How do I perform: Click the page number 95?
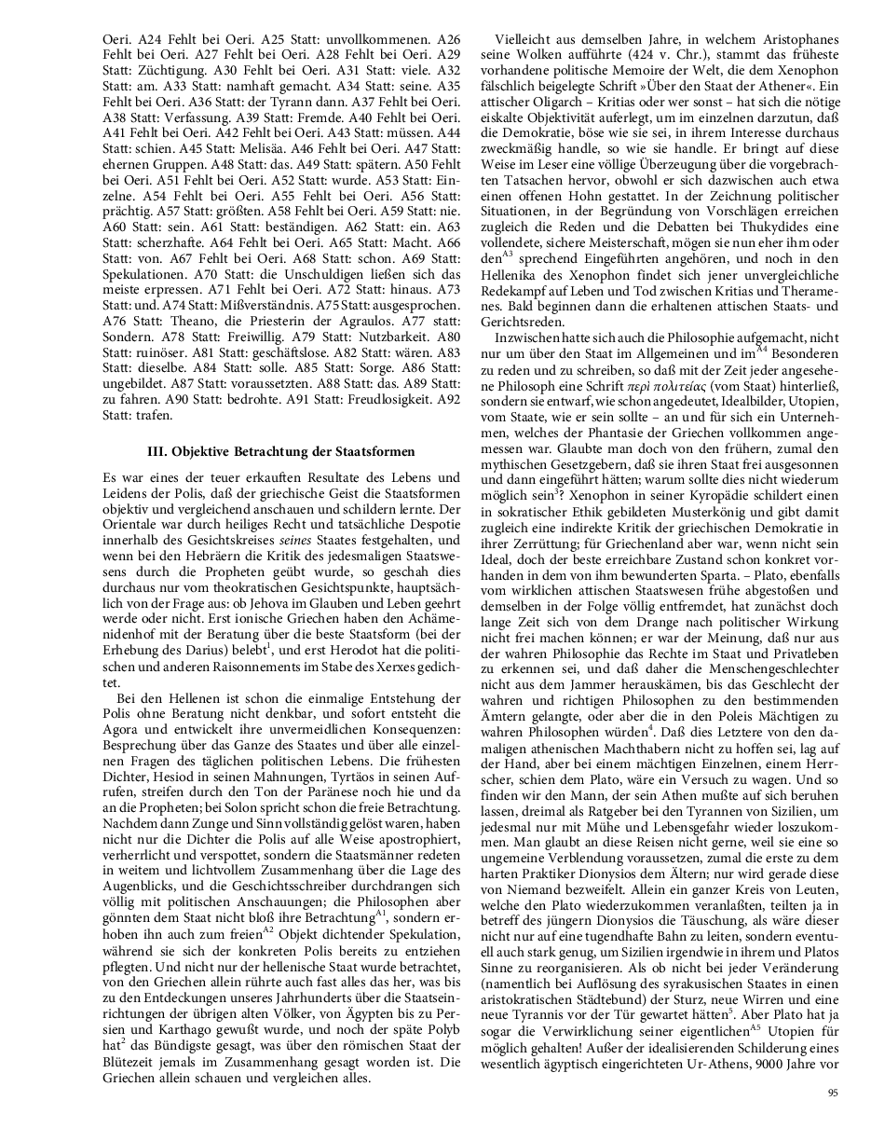(x=832, y=1094)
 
